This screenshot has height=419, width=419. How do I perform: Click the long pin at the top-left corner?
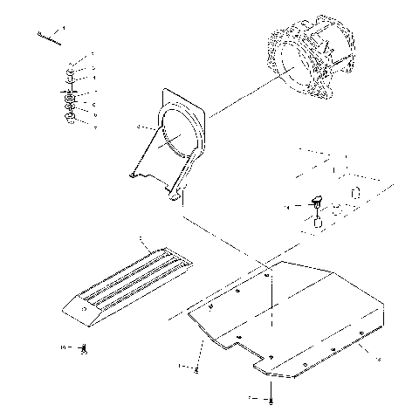pyautogui.click(x=50, y=36)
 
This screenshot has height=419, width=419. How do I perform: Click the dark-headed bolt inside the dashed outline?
pyautogui.click(x=317, y=202)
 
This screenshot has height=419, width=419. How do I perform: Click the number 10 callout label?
pyautogui.click(x=64, y=347)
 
